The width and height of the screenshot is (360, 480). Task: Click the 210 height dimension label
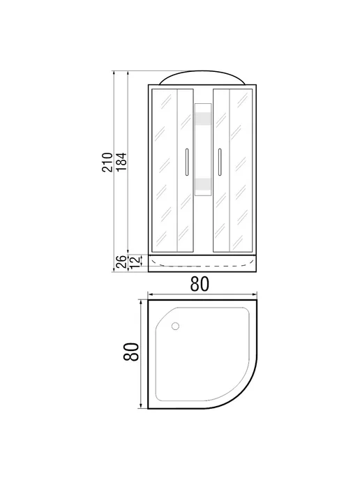coord(107,162)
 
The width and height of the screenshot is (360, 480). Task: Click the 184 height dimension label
coord(121,162)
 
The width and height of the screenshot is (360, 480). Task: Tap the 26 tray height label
coord(122,262)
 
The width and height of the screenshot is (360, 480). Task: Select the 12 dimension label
coord(135,263)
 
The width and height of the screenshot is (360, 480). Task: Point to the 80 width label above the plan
coord(200,284)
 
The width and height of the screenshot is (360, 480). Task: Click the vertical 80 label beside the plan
coord(131,352)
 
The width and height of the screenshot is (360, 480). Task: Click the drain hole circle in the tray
coord(175,326)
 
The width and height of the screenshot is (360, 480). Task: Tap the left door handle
coord(187,162)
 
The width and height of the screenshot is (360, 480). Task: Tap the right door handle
coord(220,162)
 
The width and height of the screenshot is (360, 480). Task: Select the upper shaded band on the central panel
coord(203,119)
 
